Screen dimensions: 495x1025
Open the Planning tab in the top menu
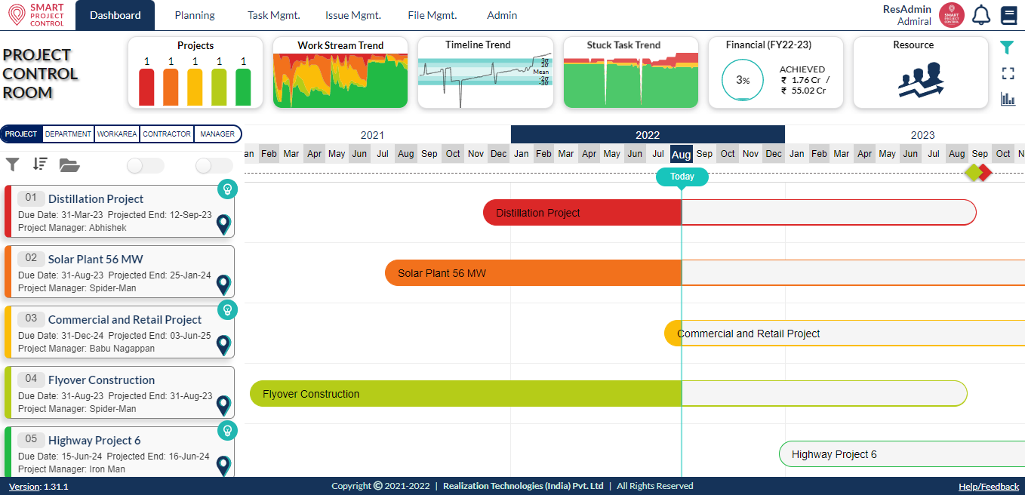(x=195, y=15)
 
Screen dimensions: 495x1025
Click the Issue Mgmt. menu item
(x=352, y=15)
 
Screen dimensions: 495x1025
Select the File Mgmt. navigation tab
(x=432, y=15)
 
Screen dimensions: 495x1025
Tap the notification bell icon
(x=980, y=15)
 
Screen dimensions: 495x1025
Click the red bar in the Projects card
(x=146, y=87)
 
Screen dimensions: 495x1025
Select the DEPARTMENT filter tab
(x=68, y=134)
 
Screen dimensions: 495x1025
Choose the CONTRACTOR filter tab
(x=167, y=134)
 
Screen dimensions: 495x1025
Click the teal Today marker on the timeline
(x=682, y=177)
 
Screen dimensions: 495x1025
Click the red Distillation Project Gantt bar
(x=581, y=213)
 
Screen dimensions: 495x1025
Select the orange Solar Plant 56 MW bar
(x=532, y=273)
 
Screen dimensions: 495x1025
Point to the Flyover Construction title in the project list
(x=101, y=380)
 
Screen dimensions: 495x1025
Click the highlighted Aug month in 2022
(x=681, y=154)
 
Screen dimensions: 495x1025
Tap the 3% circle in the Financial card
(x=743, y=80)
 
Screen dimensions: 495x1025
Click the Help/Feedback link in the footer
(x=988, y=487)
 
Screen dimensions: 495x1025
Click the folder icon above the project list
(x=69, y=165)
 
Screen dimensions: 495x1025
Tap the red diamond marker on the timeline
(x=983, y=173)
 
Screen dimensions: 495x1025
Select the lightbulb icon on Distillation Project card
(x=227, y=189)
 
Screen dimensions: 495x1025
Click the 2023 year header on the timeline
(x=922, y=135)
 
